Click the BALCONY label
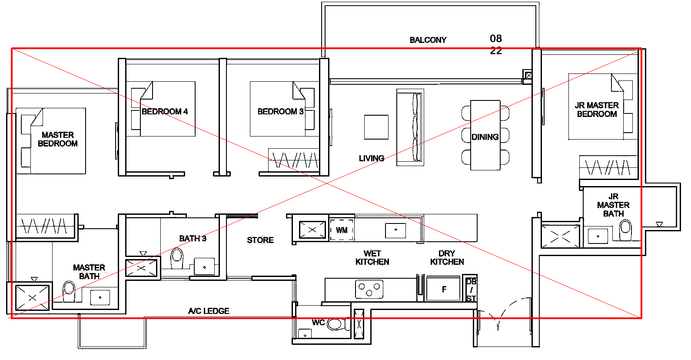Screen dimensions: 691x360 pyautogui.click(x=428, y=40)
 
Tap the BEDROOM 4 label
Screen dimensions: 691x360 pyautogui.click(x=165, y=111)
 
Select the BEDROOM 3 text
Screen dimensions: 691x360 pyautogui.click(x=281, y=111)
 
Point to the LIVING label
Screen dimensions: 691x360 pyautogui.click(x=372, y=158)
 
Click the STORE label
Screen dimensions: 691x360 pyautogui.click(x=260, y=240)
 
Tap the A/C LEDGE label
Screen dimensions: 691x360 pyautogui.click(x=209, y=311)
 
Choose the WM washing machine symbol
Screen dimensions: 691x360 pyautogui.click(x=342, y=230)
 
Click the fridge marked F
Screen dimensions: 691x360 pyautogui.click(x=444, y=289)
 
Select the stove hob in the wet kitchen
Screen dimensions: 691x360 pyautogui.click(x=369, y=289)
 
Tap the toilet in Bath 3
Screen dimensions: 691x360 pyautogui.click(x=177, y=258)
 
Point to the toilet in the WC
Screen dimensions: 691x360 pyautogui.click(x=336, y=324)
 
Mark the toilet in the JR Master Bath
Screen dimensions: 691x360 pyautogui.click(x=626, y=229)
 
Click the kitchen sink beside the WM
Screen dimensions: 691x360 pyautogui.click(x=395, y=230)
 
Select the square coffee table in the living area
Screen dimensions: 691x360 pyautogui.click(x=376, y=127)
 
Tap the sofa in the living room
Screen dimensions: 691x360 pyautogui.click(x=410, y=127)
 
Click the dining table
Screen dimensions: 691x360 pyautogui.click(x=485, y=135)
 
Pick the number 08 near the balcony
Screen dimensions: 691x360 pyautogui.click(x=496, y=39)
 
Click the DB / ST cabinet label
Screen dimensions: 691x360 pyautogui.click(x=471, y=290)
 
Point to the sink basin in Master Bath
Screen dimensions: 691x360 pyautogui.click(x=100, y=298)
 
